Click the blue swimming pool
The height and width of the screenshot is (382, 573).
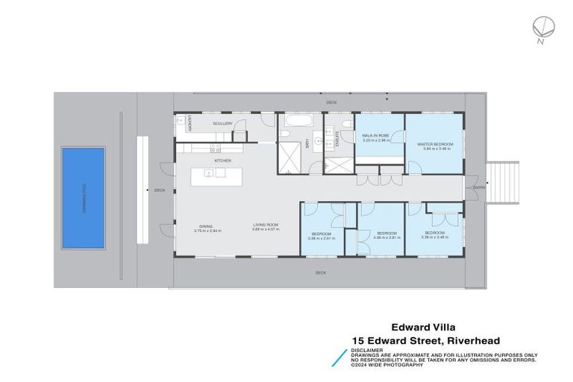[81, 198]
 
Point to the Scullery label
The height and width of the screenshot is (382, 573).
[222, 123]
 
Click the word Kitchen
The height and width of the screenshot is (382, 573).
[222, 160]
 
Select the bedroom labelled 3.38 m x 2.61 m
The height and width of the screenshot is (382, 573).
[322, 236]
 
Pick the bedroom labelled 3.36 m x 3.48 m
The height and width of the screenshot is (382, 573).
[434, 236]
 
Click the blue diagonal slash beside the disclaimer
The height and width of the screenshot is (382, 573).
[339, 357]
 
